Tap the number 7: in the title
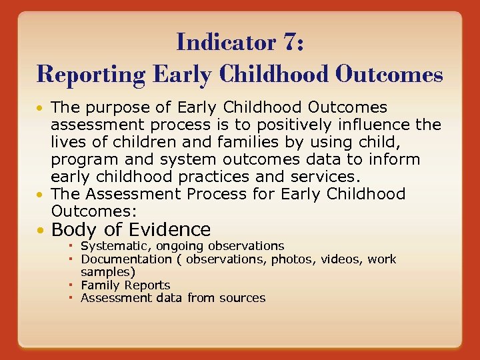(294, 41)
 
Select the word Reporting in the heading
(91, 73)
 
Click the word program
(84, 160)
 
